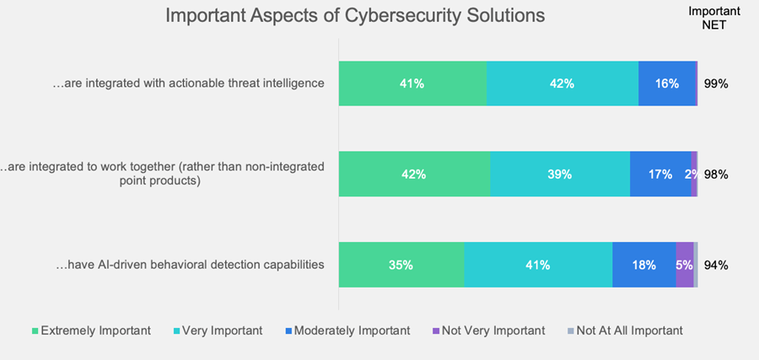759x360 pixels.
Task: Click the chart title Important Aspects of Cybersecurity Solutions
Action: (354, 16)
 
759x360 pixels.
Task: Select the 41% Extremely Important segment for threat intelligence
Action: (412, 83)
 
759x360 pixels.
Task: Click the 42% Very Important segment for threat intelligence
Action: (562, 83)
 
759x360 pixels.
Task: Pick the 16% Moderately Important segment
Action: (666, 83)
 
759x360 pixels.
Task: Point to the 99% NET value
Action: (715, 83)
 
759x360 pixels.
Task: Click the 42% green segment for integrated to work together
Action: (413, 175)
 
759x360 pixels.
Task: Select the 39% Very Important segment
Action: (559, 175)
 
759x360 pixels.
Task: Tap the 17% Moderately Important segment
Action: (659, 175)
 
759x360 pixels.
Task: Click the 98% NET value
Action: (715, 175)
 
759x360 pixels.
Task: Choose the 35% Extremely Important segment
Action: (401, 265)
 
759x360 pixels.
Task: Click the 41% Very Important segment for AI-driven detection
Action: (537, 265)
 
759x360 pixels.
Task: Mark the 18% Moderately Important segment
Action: (643, 265)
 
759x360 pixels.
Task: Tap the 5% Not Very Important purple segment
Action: (684, 265)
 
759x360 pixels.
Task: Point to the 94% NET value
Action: (715, 265)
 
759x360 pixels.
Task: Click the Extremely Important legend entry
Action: (90, 330)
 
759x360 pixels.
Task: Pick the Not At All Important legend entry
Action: (623, 330)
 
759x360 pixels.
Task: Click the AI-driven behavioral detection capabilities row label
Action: (190, 265)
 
